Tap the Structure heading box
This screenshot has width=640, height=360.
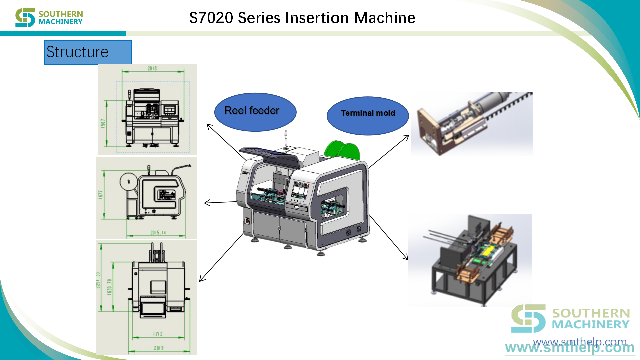point(88,52)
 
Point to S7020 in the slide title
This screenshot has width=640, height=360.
point(211,18)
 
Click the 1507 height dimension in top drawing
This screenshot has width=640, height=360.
point(103,123)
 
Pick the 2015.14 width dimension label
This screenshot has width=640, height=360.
point(158,233)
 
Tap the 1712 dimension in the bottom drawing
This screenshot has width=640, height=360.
point(158,334)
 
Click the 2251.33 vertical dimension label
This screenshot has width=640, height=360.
point(98,280)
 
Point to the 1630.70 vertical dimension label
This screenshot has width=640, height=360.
point(109,287)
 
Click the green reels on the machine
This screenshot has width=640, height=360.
point(342,150)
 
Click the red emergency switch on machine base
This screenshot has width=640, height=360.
point(247,220)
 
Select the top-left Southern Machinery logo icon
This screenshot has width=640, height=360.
point(25,18)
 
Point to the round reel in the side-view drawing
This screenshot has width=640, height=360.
point(129,182)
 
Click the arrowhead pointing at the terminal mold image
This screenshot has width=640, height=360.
point(407,137)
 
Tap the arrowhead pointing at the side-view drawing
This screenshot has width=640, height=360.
point(206,203)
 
